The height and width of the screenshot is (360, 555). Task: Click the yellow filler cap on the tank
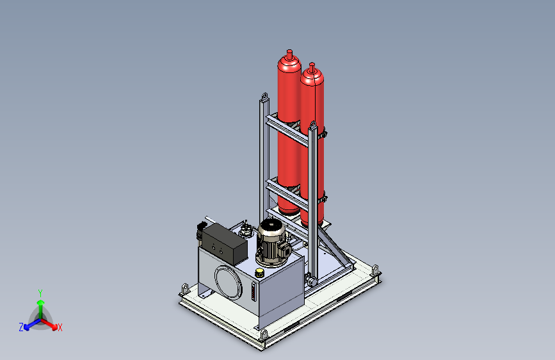point(259,273)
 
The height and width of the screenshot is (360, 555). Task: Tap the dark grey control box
point(225,243)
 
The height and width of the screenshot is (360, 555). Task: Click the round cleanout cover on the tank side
point(229,282)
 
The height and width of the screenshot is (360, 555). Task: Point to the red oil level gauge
point(253,291)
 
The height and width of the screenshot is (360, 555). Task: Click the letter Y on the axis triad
point(40,293)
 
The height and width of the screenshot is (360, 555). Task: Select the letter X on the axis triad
point(60,327)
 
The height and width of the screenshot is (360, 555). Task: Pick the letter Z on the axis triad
point(21,327)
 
